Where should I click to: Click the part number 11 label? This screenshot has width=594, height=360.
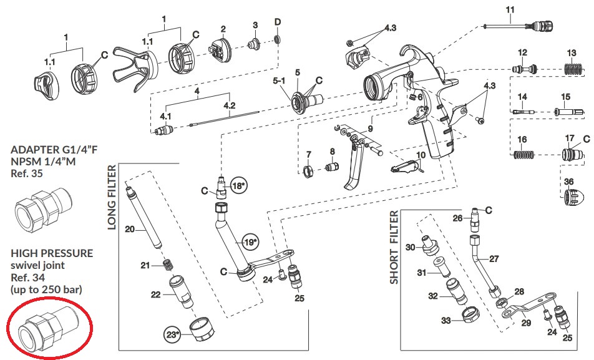click(x=510, y=9)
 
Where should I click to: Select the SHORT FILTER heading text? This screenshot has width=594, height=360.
click(x=394, y=247)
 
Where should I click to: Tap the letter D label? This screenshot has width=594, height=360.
click(x=277, y=22)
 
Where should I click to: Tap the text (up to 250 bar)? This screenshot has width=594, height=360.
click(x=47, y=291)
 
